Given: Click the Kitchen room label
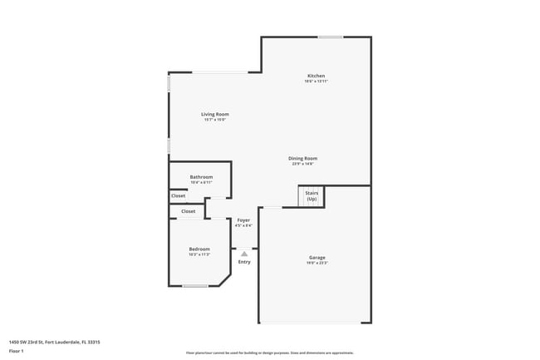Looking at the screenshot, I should [316, 76].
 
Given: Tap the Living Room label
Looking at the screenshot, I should [214, 114].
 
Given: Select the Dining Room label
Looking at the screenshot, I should [302, 158].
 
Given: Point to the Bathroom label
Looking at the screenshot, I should [201, 177].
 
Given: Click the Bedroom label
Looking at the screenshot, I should [199, 249].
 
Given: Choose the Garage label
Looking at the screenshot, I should [317, 258].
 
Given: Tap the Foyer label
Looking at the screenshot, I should [243, 220].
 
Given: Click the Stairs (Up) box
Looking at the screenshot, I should [312, 196].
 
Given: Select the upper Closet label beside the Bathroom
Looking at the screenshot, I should [179, 196].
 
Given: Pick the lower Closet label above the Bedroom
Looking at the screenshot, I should [189, 211].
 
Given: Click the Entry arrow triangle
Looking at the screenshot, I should [244, 254].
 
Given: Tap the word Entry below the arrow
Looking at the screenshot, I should [244, 263].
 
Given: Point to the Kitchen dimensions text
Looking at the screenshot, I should [316, 81].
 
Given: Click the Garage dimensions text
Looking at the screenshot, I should [317, 263].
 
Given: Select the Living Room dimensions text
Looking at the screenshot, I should [214, 120].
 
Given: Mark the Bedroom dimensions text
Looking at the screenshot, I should [199, 254].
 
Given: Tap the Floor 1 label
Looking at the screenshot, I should [16, 352].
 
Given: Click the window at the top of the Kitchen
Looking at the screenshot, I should [331, 37].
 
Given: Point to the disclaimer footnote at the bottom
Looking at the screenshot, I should [269, 353].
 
